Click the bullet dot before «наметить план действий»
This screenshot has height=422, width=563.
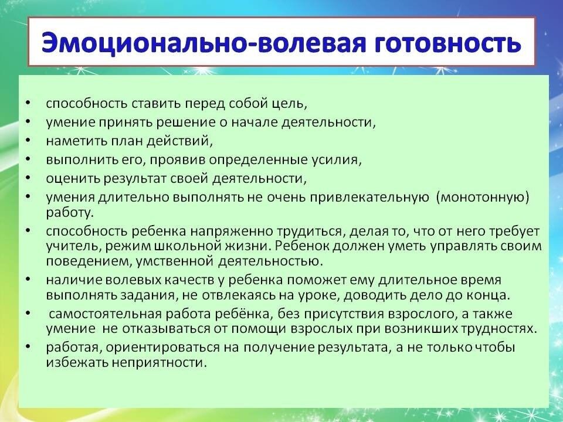pyautogui.click(x=28, y=140)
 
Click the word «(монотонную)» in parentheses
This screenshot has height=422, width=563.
pyautogui.click(x=483, y=198)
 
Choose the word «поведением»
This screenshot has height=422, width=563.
pyautogui.click(x=86, y=261)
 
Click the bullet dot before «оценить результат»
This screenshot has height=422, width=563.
pyautogui.click(x=28, y=177)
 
